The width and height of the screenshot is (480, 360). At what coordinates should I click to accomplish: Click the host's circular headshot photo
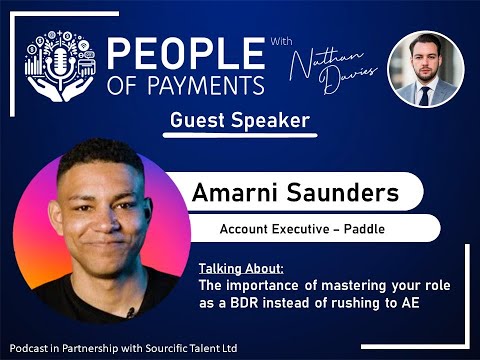[x=424, y=69]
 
